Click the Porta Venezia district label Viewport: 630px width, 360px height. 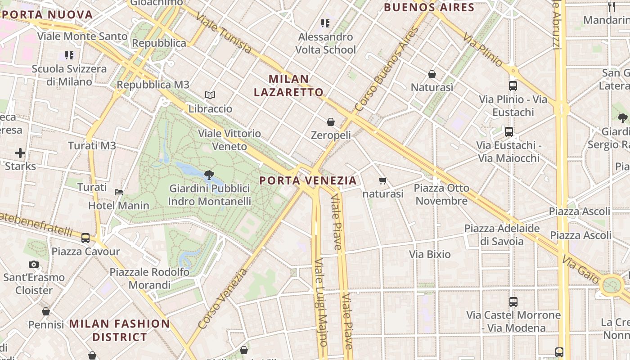pyautogui.click(x=308, y=180)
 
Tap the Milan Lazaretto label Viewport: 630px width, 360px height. pyautogui.click(x=288, y=85)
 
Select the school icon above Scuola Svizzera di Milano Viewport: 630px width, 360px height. pyautogui.click(x=69, y=55)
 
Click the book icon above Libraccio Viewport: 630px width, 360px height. pyautogui.click(x=210, y=95)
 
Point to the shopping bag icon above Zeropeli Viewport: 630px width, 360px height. pyautogui.click(x=331, y=122)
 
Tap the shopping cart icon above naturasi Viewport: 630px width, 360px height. pyautogui.click(x=382, y=181)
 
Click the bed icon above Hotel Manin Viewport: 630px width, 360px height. pyautogui.click(x=119, y=192)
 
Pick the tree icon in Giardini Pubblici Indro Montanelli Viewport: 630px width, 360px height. pyautogui.click(x=209, y=175)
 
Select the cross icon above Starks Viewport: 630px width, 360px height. pyautogui.click(x=20, y=153)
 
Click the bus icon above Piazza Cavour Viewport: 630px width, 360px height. pyautogui.click(x=85, y=238)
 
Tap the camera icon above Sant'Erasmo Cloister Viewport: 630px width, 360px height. pyautogui.click(x=34, y=264)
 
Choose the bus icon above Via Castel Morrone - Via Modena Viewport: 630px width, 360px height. pyautogui.click(x=513, y=302)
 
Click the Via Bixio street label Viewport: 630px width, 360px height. pyautogui.click(x=430, y=254)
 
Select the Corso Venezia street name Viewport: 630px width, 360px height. pyautogui.click(x=222, y=298)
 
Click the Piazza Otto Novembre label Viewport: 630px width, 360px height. pyautogui.click(x=441, y=194)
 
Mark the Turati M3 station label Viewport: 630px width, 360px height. pyautogui.click(x=92, y=145)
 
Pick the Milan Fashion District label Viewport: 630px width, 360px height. pyautogui.click(x=119, y=330)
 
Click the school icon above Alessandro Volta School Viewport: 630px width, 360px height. pyautogui.click(x=325, y=23)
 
